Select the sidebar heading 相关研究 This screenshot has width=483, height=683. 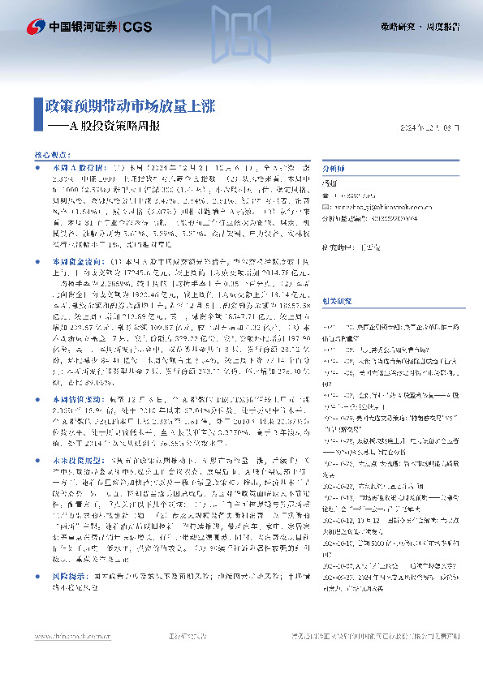click(x=337, y=277)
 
